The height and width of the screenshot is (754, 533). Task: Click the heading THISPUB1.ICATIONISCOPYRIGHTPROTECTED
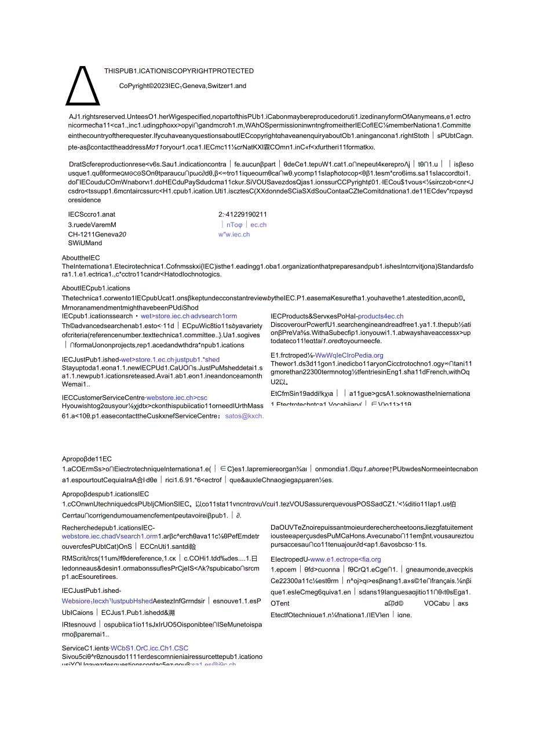click(x=178, y=71)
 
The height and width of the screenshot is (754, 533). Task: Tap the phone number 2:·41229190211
click(x=243, y=214)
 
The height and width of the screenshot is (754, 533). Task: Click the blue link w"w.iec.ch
click(x=234, y=235)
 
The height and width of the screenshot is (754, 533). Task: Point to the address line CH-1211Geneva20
click(x=97, y=235)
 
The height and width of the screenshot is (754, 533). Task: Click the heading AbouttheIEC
click(x=81, y=257)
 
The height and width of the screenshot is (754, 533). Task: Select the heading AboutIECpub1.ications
click(x=96, y=288)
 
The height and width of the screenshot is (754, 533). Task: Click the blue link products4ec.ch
click(x=381, y=316)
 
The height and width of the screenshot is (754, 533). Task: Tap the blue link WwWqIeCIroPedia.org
click(x=349, y=355)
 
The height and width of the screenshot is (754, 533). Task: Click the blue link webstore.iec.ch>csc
click(x=177, y=398)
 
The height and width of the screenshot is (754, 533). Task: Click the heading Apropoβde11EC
click(x=87, y=458)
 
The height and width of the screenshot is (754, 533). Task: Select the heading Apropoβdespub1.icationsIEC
click(x=105, y=494)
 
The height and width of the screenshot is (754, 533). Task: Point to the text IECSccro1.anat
click(x=92, y=214)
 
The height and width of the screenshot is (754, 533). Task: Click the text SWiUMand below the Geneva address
click(x=85, y=243)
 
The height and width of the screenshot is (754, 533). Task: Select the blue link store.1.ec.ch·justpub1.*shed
click(x=178, y=359)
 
